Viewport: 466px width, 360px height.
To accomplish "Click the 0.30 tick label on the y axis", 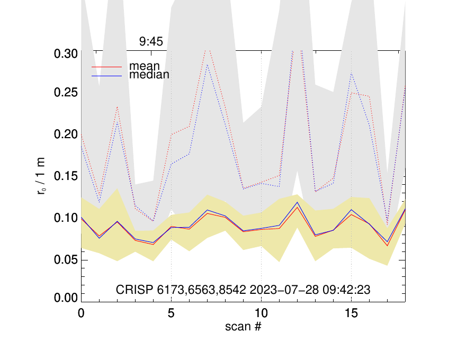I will (65, 53).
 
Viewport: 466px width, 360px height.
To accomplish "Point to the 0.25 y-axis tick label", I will (65, 93).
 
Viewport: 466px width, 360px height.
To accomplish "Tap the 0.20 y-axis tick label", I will (65, 134).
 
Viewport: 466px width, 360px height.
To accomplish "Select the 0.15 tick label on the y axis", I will (65, 176).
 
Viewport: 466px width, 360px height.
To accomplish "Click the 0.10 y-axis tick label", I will (65, 218).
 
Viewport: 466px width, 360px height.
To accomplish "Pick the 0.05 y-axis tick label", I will (65, 259).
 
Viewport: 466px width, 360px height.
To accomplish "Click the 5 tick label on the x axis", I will (171, 312).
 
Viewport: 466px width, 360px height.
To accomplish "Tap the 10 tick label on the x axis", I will (261, 312).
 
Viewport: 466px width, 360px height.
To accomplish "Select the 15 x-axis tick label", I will (351, 312).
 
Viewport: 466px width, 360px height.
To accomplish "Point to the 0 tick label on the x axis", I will (81, 312).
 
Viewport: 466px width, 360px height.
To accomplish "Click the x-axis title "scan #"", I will (243, 326).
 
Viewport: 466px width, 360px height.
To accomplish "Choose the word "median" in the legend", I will (149, 75).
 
